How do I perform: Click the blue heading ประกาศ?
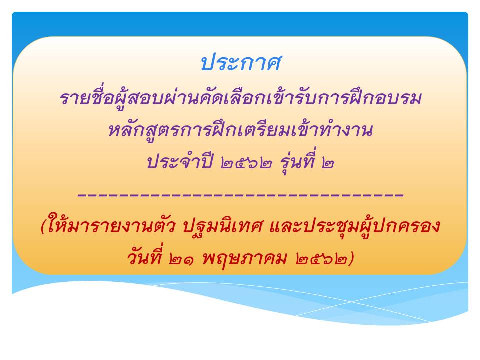point(241,63)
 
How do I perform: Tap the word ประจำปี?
point(180,161)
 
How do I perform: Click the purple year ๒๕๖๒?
point(246,163)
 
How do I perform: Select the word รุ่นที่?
point(297,161)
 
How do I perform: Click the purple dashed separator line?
point(241,194)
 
